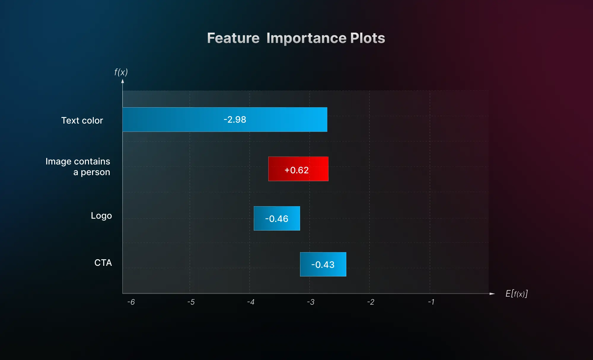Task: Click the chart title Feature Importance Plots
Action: click(x=296, y=38)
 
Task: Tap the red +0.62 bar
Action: click(x=298, y=169)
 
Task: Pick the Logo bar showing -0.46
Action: click(x=277, y=218)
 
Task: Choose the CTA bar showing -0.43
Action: click(x=323, y=264)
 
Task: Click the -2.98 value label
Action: click(x=235, y=120)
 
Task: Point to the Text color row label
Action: click(x=82, y=121)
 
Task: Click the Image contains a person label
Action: click(x=78, y=167)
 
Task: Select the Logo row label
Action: click(x=101, y=216)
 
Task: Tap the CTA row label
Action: click(x=103, y=263)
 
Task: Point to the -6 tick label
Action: click(x=131, y=302)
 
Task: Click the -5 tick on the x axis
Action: click(x=191, y=302)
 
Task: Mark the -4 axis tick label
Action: click(x=251, y=302)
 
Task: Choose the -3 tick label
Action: click(x=311, y=302)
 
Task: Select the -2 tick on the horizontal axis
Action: click(x=371, y=302)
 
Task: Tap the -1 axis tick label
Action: click(x=431, y=302)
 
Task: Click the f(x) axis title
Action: click(x=121, y=72)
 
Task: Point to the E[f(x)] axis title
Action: click(x=517, y=294)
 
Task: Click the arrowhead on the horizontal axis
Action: click(x=492, y=294)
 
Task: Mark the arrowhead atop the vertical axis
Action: click(x=122, y=81)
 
